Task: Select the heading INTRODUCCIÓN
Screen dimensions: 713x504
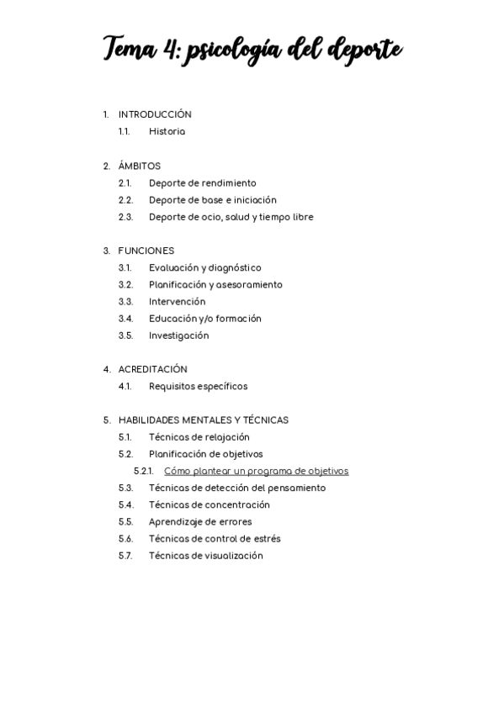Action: [x=155, y=114]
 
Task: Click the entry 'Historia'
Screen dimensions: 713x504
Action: [x=167, y=132]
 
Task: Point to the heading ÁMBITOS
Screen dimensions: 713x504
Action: [x=139, y=166]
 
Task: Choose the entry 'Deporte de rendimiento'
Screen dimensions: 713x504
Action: [x=202, y=183]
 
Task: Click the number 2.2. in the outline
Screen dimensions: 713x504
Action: [x=125, y=200]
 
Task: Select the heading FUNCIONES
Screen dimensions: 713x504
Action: [x=146, y=251]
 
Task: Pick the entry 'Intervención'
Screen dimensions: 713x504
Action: [x=177, y=302]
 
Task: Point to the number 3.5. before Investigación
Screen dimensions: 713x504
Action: [x=125, y=335]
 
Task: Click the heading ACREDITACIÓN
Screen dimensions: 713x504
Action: [x=152, y=369]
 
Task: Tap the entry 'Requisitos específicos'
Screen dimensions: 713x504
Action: [x=198, y=387]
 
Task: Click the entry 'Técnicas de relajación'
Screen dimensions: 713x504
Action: [x=199, y=437]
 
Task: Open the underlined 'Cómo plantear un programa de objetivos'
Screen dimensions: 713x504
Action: [x=256, y=471]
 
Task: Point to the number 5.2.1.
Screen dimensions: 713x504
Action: [x=143, y=471]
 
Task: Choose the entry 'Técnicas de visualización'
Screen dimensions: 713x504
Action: [x=205, y=556]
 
